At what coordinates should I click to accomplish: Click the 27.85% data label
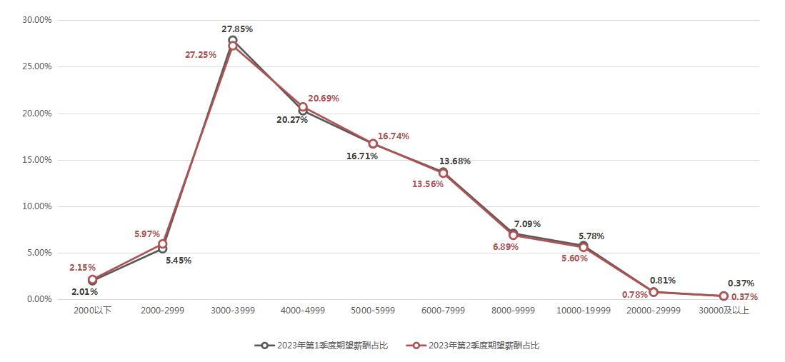click(237, 29)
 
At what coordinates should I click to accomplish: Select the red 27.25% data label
click(201, 54)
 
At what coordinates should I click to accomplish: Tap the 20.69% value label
click(324, 98)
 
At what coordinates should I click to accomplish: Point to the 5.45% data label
click(179, 260)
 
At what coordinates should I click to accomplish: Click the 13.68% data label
click(455, 161)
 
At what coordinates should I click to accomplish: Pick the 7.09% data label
click(527, 223)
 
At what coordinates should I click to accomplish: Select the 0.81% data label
click(663, 280)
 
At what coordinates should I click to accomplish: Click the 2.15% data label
click(83, 267)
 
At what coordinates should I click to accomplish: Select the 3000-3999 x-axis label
click(233, 311)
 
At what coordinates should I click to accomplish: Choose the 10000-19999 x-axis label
click(584, 311)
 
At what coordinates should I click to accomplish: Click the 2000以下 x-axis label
click(93, 311)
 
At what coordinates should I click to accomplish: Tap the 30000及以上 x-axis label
click(724, 311)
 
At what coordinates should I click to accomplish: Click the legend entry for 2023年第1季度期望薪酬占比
click(321, 346)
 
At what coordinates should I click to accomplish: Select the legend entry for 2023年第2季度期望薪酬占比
click(473, 346)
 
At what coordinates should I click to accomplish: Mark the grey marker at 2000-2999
click(163, 248)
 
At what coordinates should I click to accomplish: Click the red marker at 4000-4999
click(303, 107)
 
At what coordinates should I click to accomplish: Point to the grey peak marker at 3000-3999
click(233, 40)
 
